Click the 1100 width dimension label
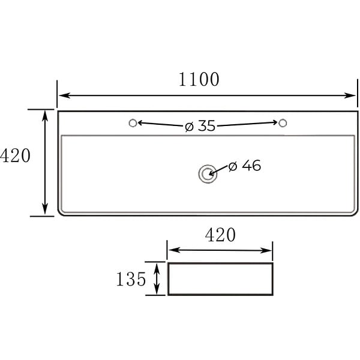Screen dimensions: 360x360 coord(199,79)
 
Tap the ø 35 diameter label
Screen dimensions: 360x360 coord(200,126)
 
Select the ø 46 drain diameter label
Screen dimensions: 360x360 coord(245,166)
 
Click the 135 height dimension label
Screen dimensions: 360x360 coord(131,279)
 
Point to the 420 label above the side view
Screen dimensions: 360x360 coord(220,235)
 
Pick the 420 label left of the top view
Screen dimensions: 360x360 coord(15,155)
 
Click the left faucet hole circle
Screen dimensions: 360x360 coord(133,123)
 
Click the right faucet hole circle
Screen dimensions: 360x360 coord(283,123)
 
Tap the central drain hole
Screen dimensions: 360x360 coord(208,174)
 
